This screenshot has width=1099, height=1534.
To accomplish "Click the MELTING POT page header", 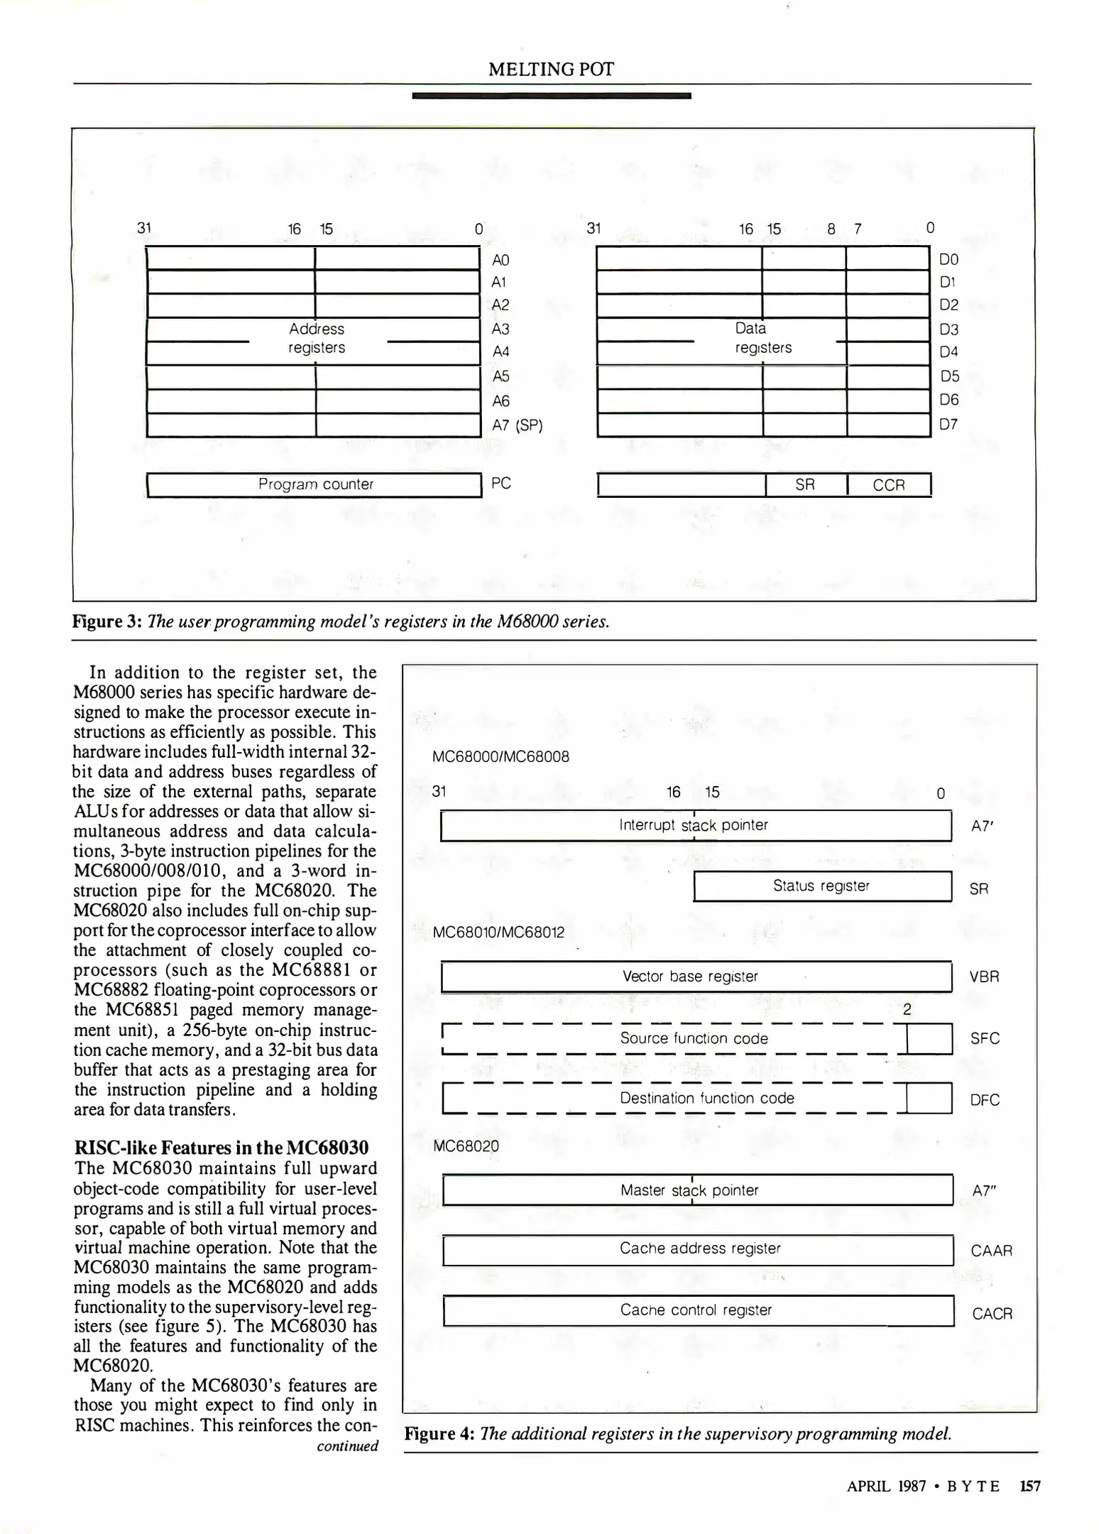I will coord(551,69).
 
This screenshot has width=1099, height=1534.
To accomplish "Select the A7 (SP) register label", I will coord(517,425).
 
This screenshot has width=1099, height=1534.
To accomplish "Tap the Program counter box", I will coord(315,484).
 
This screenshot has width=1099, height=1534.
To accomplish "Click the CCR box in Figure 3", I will coord(889,485).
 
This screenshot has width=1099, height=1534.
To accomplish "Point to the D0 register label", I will coord(948,259).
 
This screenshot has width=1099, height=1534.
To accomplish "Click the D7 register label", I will coord(948,424).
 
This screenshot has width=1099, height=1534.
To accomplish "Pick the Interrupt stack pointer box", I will coord(695,825).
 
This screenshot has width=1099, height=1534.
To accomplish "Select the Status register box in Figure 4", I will coord(821,886).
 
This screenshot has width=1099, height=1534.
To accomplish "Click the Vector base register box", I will coord(695,977).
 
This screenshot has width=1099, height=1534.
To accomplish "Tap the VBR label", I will coord(984,977).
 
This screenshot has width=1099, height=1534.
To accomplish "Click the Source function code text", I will coord(694,1038).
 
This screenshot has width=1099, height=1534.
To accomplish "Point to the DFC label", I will coord(985,1100).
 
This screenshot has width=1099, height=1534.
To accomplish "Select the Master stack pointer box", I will coord(696,1190).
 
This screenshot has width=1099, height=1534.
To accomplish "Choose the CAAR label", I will coord(991,1251).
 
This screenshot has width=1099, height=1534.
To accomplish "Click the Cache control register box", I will coord(696,1310).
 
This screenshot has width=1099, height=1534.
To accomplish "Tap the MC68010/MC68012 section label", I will coord(498,932).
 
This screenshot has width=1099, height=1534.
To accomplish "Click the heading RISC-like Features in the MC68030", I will coord(222,1148).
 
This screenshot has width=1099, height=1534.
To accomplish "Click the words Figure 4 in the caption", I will coord(439,1433).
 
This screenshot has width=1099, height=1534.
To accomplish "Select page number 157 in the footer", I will coord(1029,1486).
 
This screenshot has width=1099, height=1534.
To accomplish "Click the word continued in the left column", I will coord(347,1446).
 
